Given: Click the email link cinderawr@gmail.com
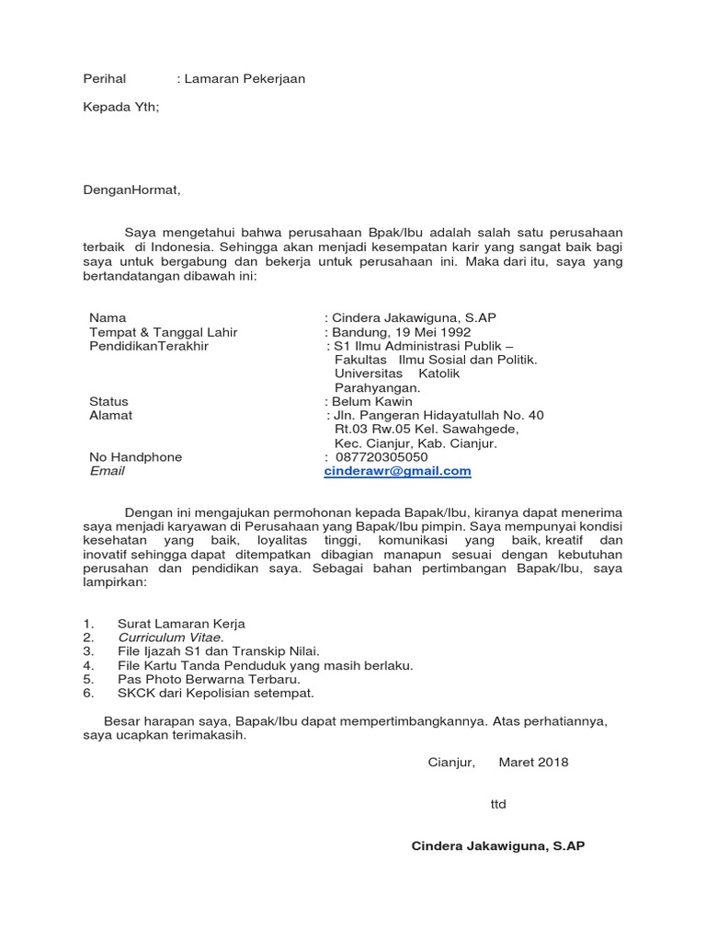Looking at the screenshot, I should tap(397, 471).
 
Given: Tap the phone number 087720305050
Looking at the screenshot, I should tap(381, 457).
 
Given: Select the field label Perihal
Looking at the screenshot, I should tap(104, 79).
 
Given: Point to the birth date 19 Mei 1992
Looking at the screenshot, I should tap(433, 332).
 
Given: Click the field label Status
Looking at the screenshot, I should tap(108, 402).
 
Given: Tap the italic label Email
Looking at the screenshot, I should tap(107, 471).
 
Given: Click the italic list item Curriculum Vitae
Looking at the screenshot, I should tap(170, 637).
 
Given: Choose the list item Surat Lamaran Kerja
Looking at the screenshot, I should tap(181, 623).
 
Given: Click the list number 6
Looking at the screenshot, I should tap(87, 693).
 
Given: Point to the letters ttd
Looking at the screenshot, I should tap(498, 804).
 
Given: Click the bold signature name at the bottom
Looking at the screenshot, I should tap(497, 845).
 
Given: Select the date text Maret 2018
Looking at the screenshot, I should tap(533, 762).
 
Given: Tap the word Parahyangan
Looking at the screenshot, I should tap(377, 387).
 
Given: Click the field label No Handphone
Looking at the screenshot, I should tap(135, 457).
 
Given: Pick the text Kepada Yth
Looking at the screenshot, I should tap(120, 108).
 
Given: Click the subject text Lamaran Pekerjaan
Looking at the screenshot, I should tap(244, 79).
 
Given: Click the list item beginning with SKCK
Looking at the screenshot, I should tap(216, 693).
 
